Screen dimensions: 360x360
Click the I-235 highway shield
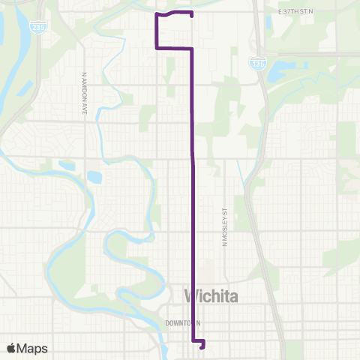click(x=36, y=27)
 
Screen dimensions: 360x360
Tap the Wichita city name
click(x=211, y=296)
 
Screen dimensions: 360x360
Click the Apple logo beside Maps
click(x=12, y=348)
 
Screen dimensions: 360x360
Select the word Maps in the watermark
click(x=32, y=348)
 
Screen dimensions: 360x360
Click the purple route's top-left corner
click(x=156, y=15)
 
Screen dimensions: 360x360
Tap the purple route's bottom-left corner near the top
click(x=156, y=48)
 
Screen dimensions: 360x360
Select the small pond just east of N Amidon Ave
click(x=94, y=178)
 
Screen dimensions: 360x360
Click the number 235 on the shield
click(x=36, y=28)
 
